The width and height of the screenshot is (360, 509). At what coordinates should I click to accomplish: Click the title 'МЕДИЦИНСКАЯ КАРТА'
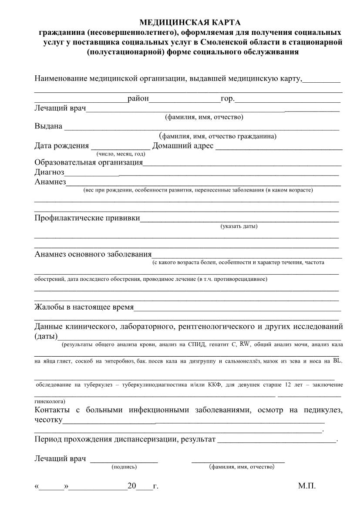189,22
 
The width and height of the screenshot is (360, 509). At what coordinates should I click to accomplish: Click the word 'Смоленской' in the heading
219,42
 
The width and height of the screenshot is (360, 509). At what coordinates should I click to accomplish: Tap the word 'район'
138,99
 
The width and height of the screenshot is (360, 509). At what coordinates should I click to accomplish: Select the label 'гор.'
228,99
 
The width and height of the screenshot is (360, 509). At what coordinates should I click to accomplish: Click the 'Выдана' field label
48,126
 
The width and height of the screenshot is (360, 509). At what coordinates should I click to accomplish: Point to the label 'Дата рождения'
61,145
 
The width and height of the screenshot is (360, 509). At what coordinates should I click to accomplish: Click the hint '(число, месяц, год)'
121,154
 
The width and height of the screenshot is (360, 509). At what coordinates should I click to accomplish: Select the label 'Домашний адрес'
183,145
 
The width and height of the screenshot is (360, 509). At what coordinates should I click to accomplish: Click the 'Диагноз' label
49,172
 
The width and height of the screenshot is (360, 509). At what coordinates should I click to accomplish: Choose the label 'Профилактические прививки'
87,218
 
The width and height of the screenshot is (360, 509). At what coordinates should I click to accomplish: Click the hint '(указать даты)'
239,226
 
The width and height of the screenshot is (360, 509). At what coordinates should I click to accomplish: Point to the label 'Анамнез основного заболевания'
93,254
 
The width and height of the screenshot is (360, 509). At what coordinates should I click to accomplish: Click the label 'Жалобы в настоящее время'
84,307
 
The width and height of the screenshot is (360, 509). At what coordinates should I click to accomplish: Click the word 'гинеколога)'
50,401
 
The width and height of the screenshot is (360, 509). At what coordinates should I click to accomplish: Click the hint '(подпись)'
124,467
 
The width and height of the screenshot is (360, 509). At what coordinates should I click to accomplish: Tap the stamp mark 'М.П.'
307,486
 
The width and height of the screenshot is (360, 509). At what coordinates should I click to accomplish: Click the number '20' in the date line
131,486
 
